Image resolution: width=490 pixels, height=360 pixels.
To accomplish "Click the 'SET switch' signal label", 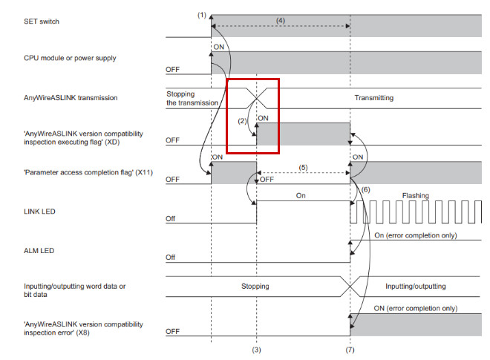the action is click(42, 22).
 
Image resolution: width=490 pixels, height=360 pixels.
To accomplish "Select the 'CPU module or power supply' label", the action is click(70, 58).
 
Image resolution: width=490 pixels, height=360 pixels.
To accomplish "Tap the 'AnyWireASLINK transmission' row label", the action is click(71, 98).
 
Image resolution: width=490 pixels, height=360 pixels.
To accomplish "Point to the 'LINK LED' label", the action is click(39, 212).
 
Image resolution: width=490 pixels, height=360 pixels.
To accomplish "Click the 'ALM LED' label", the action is click(39, 251).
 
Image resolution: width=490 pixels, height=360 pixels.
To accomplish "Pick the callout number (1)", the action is click(202, 15).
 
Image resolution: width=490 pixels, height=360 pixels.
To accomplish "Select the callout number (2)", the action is click(242, 121).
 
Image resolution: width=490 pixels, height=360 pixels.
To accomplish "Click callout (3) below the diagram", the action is click(257, 350).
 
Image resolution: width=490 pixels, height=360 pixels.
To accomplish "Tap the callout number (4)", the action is click(281, 20).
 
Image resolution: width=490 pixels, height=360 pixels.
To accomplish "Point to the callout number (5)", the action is click(303, 168).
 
